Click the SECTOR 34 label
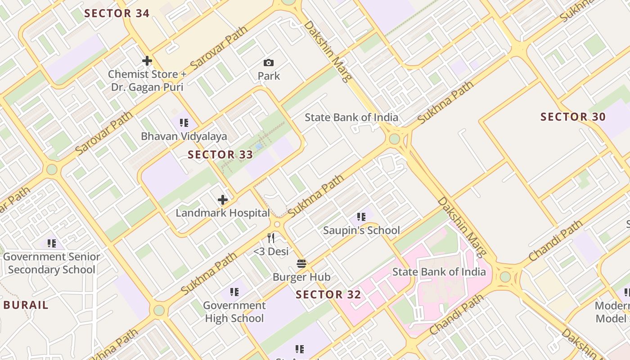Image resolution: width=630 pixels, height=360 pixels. coord(117,13)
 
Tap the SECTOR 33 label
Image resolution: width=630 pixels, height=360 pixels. coord(220,155)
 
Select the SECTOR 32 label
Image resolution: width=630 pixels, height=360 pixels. coord(328,295)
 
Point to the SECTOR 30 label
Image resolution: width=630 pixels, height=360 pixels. coord(573,117)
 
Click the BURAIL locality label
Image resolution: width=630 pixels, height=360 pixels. coord(26,305)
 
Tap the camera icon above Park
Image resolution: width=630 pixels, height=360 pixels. coord(269,63)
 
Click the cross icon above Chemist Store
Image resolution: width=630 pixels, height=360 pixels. coord(147,61)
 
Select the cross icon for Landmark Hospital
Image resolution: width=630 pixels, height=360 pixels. coord(222,200)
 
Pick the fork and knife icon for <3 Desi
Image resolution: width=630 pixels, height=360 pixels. coord(271,238)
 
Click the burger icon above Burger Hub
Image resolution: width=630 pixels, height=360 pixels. coord(301,264)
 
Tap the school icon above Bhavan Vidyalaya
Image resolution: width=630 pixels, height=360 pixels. coord(184,123)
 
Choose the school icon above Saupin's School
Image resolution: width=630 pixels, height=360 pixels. coord(361,217)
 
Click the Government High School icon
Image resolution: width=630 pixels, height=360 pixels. coord(234,292)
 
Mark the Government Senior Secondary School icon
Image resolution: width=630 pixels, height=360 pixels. coord(52,243)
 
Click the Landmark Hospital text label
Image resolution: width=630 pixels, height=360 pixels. coord(222,213)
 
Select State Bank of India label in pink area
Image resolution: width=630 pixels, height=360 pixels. coord(439,272)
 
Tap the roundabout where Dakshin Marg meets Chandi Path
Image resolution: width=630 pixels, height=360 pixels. coord(505,276)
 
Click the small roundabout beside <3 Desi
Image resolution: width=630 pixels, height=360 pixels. coord(277,224)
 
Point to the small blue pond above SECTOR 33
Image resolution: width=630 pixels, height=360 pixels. coord(259,146)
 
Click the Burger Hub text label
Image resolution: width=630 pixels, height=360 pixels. coord(301,277)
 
